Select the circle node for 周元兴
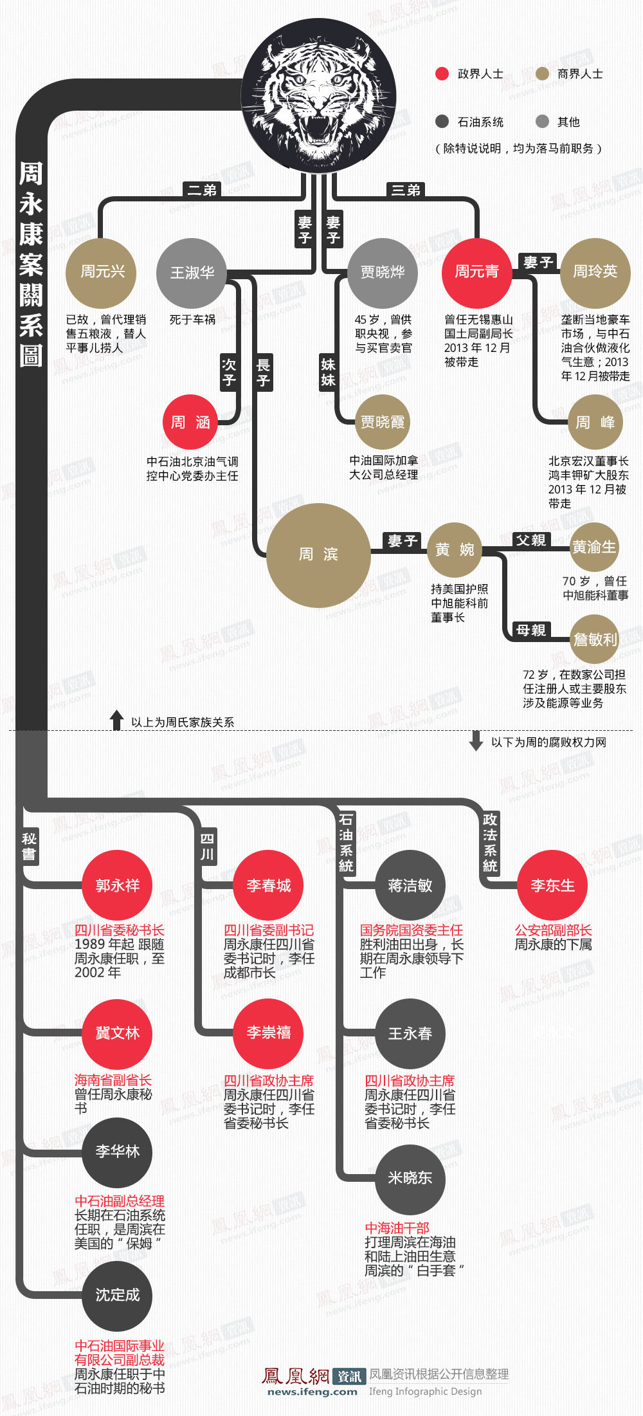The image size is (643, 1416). tap(102, 272)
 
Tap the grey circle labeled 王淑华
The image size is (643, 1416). tap(192, 273)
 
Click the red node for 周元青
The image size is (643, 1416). tap(476, 272)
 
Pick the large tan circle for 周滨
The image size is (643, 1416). tap(318, 555)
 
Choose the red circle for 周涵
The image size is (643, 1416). tap(190, 422)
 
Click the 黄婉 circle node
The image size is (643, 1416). tap(455, 550)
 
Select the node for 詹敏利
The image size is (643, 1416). tap(595, 639)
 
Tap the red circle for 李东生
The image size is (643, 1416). tap(552, 885)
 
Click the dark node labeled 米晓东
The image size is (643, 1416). tap(410, 1178)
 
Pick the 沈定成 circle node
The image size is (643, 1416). tap(117, 1296)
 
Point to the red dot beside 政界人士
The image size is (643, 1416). tap(442, 74)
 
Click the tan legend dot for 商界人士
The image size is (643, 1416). tap(542, 74)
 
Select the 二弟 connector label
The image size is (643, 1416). tap(201, 190)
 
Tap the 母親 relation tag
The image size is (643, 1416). tap(530, 630)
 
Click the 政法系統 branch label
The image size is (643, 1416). tap(490, 842)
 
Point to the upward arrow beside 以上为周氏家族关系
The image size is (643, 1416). tap(116, 721)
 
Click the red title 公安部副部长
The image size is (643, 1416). tap(553, 930)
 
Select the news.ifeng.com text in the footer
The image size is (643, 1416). tap(312, 1392)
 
